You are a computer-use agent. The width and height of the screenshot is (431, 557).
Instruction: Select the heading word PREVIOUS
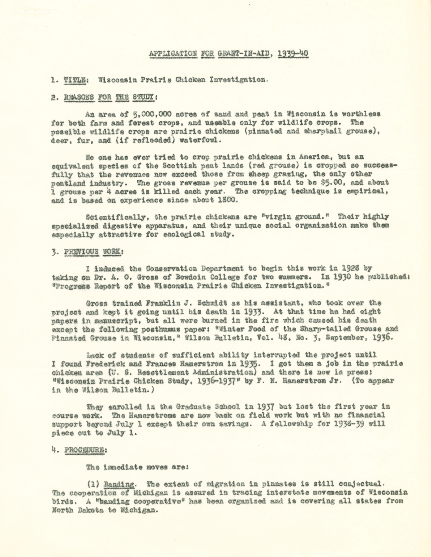click(81, 252)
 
